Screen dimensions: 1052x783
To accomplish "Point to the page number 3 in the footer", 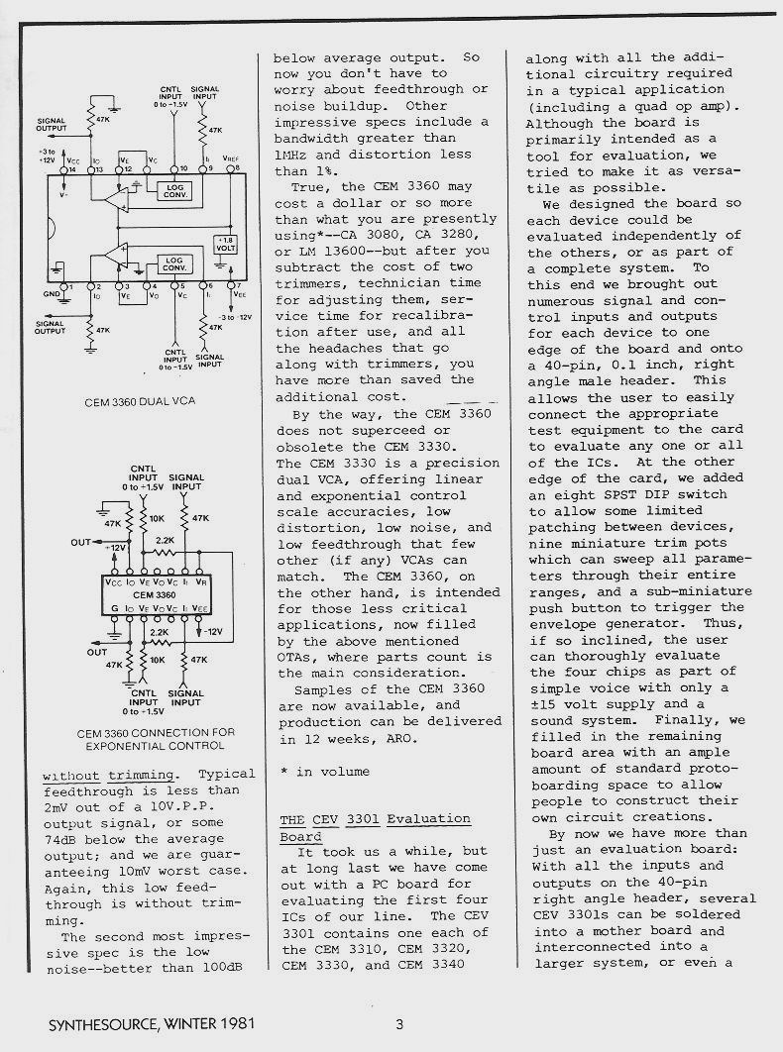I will pyautogui.click(x=398, y=1024).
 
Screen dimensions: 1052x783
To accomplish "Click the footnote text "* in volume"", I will pyautogui.click(x=324, y=771).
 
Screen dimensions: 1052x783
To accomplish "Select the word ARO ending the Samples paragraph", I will pyautogui.click(x=419, y=738).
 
